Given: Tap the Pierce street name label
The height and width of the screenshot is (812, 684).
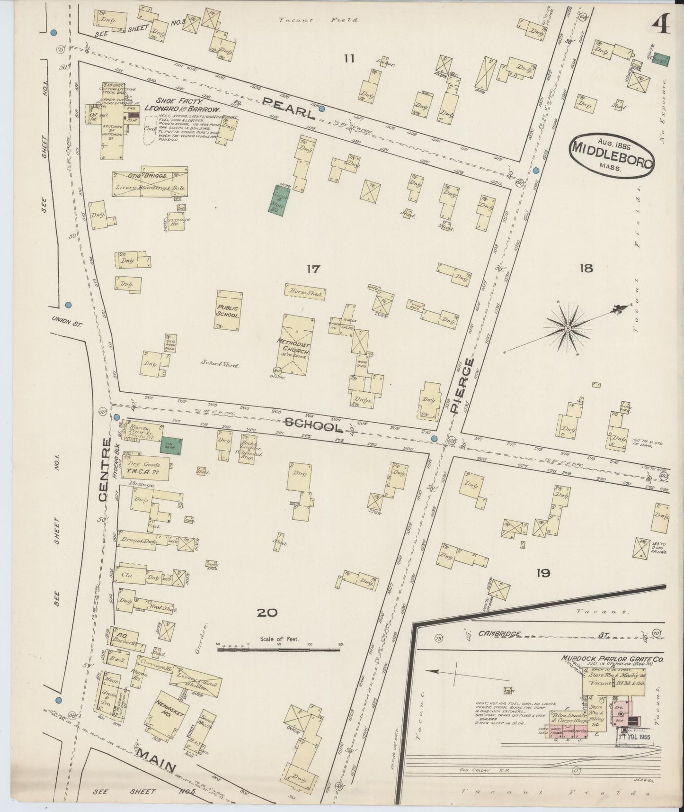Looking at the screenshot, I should (x=463, y=386).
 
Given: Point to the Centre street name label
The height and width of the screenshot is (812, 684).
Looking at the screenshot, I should (x=105, y=469).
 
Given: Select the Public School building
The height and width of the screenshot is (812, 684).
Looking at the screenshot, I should (x=228, y=310).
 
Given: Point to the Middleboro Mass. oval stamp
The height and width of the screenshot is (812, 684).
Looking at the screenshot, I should (x=612, y=155).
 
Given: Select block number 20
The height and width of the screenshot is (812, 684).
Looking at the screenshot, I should (x=267, y=613).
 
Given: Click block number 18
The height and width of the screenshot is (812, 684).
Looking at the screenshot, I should (x=586, y=269).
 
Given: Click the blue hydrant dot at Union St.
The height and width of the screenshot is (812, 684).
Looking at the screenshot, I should (x=68, y=305).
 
